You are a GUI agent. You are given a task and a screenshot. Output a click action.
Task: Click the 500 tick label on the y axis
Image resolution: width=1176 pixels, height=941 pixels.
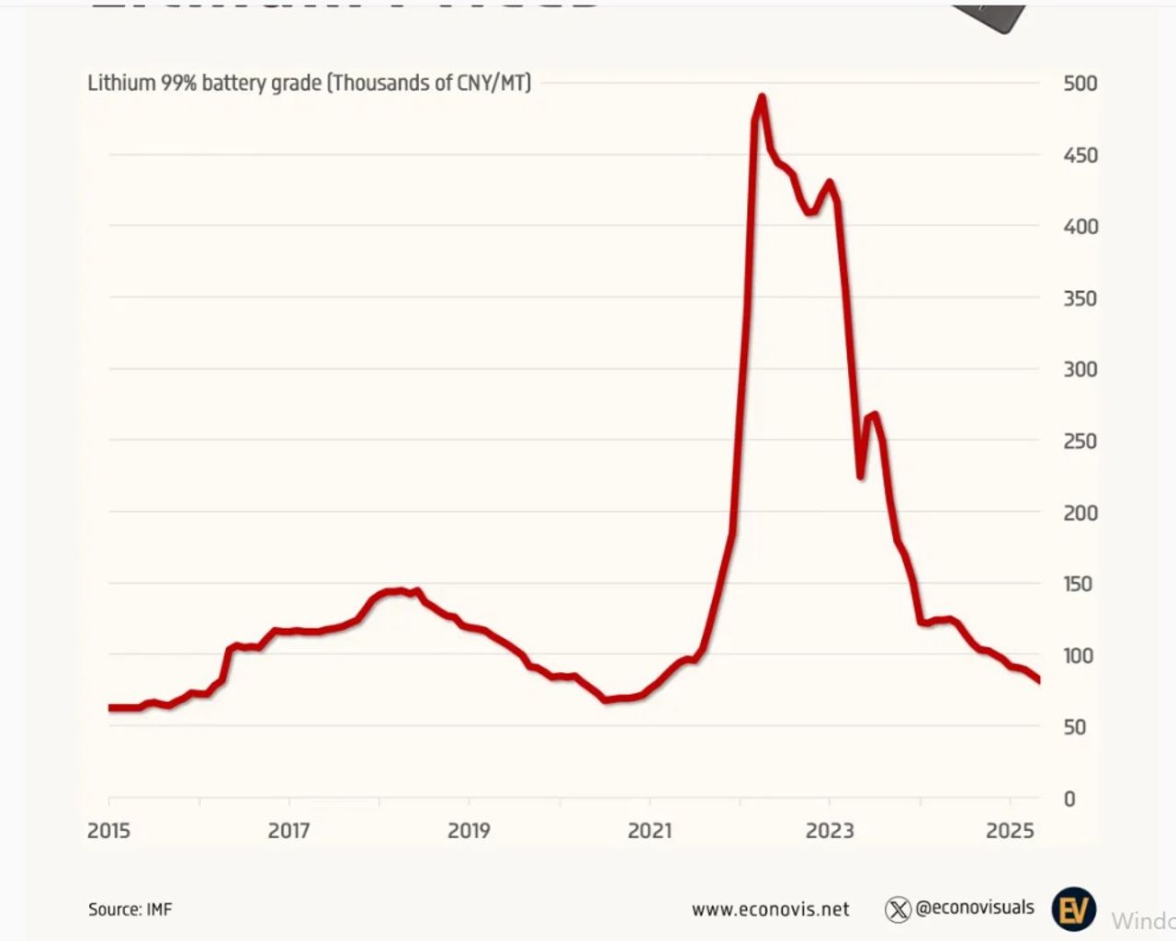pos(1080,84)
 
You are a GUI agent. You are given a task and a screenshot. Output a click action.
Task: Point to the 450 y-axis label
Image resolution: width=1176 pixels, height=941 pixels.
pos(1080,155)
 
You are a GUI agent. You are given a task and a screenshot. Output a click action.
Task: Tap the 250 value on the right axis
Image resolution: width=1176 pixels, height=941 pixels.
pos(1080,441)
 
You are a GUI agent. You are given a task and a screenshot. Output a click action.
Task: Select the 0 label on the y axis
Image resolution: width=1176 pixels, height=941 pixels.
pos(1069,799)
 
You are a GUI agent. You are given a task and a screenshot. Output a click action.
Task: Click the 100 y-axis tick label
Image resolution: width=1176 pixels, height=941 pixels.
pos(1079,655)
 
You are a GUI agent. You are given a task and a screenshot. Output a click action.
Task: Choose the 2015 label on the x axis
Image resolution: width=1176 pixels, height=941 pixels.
pos(108,831)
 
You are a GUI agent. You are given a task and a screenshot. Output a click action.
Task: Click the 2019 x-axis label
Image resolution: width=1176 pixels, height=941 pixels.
pos(469,831)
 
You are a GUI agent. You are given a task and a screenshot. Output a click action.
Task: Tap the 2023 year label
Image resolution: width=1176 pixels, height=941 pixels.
pos(830,831)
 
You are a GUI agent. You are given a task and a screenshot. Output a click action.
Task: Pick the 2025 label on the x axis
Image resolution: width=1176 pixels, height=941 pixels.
pos(1010,831)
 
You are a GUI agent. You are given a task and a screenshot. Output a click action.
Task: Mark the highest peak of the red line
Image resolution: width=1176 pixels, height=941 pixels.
pos(762,97)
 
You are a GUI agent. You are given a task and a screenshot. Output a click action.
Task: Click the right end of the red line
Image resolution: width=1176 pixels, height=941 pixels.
pos(1038,680)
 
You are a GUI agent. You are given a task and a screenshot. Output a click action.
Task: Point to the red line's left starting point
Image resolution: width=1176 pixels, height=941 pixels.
pos(110,708)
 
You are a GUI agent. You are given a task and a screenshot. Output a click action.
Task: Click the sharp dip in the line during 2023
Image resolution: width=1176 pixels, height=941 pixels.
pos(861,476)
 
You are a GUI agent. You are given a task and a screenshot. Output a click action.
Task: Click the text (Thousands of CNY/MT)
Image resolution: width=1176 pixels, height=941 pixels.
pos(429,83)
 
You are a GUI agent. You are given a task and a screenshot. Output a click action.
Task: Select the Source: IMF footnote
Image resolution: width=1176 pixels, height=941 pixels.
pos(130,909)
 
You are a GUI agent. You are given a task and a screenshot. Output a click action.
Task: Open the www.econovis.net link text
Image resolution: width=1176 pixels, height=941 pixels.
pos(770,909)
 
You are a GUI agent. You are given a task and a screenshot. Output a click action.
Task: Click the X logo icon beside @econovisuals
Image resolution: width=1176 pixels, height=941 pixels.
pos(898,909)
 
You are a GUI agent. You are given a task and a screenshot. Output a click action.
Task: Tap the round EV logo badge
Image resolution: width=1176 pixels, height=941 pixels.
pos(1073,909)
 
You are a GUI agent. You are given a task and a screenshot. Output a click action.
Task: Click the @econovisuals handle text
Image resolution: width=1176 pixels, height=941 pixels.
pos(975,907)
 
